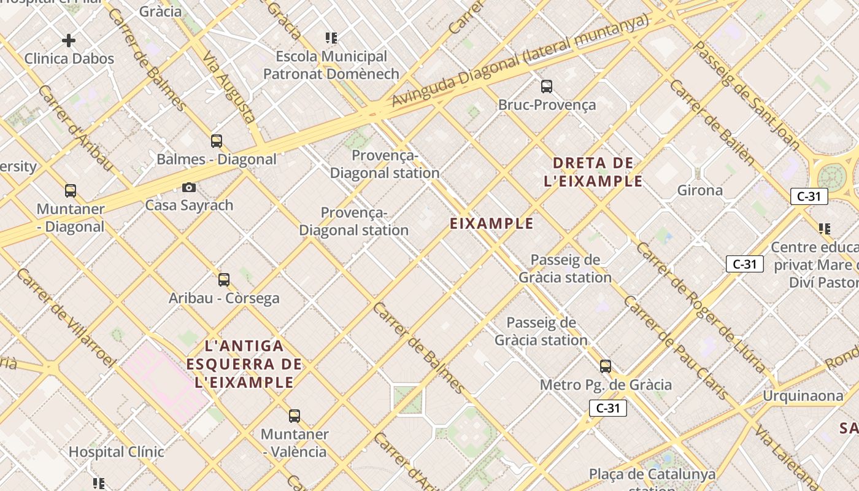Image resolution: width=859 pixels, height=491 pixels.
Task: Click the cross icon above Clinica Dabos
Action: tap(69, 41)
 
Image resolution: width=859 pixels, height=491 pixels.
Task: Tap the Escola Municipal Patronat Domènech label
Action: tap(331, 65)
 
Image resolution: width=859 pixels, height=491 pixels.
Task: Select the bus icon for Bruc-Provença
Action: tap(546, 87)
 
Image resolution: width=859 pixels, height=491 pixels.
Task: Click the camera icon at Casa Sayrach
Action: tap(189, 187)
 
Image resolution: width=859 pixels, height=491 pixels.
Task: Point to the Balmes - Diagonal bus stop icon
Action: tap(217, 141)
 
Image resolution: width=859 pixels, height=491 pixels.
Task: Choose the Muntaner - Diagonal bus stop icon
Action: tap(71, 191)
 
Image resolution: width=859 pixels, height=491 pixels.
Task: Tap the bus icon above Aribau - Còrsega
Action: tap(224, 280)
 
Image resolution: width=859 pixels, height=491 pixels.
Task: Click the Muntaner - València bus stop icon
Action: tap(295, 416)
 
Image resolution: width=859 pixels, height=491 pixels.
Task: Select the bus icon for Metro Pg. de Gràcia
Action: tap(606, 366)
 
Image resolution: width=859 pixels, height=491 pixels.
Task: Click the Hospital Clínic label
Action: tap(116, 452)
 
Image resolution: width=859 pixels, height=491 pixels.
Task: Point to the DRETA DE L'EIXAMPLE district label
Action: tap(593, 172)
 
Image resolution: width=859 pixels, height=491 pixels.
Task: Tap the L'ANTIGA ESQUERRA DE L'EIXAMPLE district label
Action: tap(244, 364)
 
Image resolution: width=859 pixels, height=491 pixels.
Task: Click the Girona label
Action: tap(700, 190)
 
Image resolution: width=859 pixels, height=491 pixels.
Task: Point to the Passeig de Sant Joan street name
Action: tap(745, 95)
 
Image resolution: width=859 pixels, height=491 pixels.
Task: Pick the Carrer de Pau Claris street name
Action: tap(675, 347)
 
